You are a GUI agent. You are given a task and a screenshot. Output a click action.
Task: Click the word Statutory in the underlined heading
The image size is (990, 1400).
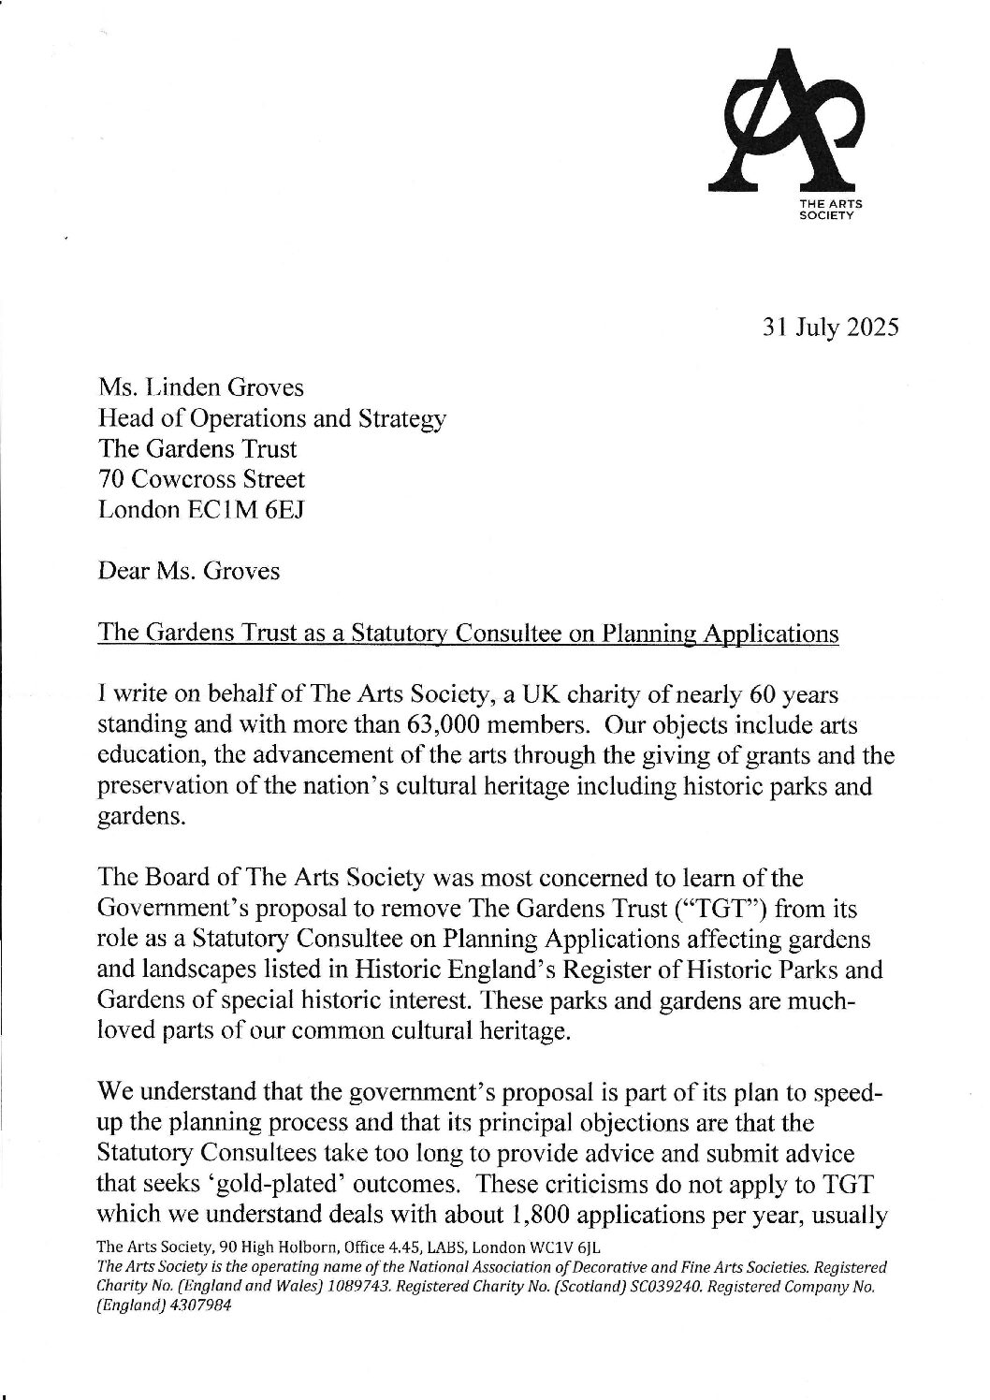point(402,634)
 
